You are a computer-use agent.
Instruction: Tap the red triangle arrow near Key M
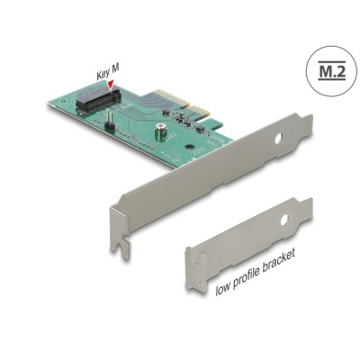(x=112, y=87)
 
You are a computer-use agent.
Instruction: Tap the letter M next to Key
(x=115, y=76)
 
